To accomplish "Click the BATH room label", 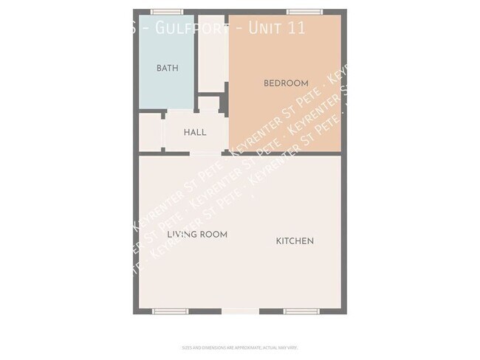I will [x=168, y=68].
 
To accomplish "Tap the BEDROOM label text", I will [x=286, y=83].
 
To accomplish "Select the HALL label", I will [x=195, y=132].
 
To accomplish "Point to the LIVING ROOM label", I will [x=196, y=235].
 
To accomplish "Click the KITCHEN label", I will [x=295, y=241].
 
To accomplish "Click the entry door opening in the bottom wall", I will [x=240, y=311].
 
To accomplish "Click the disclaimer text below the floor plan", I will [x=240, y=347].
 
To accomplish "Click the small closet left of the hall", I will [x=150, y=132].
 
